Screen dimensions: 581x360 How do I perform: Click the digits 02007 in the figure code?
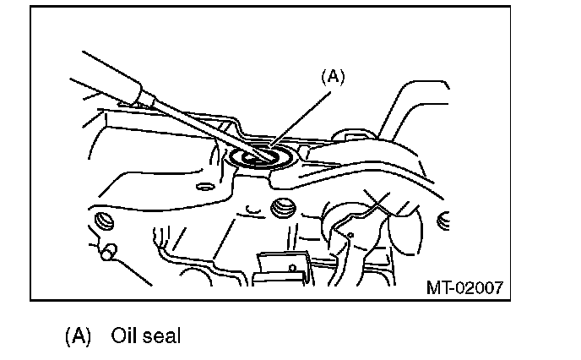(478, 287)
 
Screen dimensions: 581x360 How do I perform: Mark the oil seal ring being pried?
(263, 157)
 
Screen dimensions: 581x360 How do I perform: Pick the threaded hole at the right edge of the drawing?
(444, 221)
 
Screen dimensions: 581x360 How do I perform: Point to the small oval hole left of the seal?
(202, 185)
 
